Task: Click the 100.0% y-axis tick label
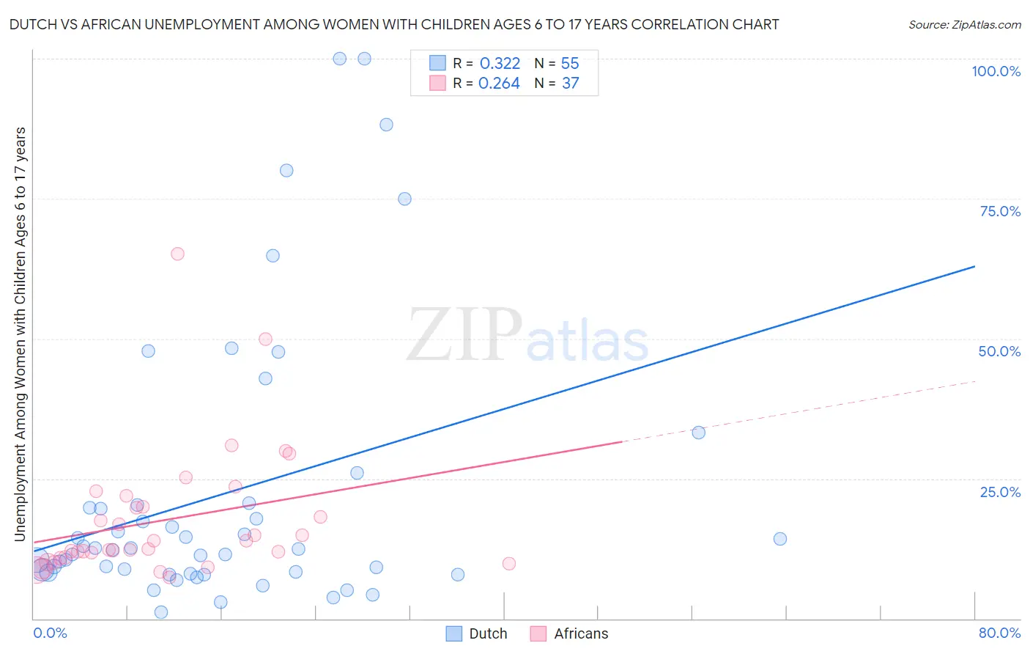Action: coord(996,71)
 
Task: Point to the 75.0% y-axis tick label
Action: coord(1000,211)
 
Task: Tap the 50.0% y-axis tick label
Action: coord(999,351)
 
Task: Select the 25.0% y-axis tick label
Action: coord(1000,491)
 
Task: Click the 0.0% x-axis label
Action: coord(50,633)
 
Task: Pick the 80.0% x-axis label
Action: coord(999,633)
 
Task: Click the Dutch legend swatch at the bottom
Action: coord(454,633)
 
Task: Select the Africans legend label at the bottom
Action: coord(581,633)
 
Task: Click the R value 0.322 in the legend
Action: coord(500,64)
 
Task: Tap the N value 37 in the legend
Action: coord(570,84)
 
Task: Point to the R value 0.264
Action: coord(499,84)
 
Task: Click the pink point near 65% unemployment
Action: coord(177,254)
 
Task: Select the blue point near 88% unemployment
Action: coord(386,125)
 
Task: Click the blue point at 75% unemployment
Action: coord(404,199)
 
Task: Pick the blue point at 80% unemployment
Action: coord(286,170)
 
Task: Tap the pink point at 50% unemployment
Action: coord(265,339)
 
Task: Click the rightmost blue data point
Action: coord(780,539)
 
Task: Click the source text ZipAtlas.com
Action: coord(964,25)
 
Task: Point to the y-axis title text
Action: coord(20,334)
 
